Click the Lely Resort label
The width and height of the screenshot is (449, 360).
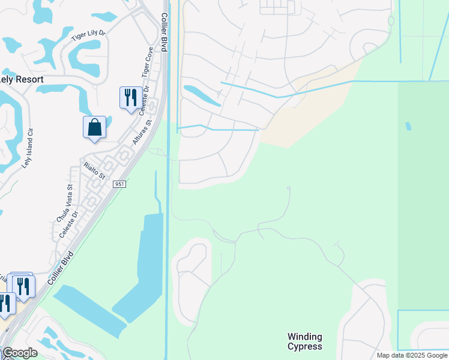click(x=22, y=79)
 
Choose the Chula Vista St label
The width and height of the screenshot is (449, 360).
click(x=64, y=203)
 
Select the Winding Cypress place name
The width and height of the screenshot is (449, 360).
click(x=304, y=341)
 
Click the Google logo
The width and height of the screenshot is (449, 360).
click(x=20, y=353)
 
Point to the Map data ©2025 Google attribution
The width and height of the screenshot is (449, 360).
click(x=412, y=355)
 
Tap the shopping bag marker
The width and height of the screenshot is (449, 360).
click(x=94, y=128)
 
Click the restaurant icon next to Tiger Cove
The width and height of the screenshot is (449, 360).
click(x=131, y=97)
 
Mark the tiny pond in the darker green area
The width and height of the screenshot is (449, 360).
click(x=409, y=127)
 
